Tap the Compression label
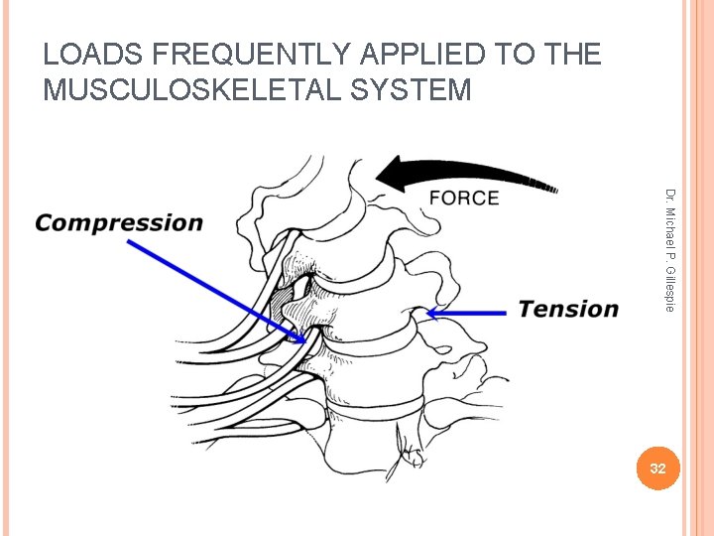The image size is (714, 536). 118,223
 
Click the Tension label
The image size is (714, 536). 568,309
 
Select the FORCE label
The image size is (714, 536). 463,199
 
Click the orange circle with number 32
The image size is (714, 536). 657,468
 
